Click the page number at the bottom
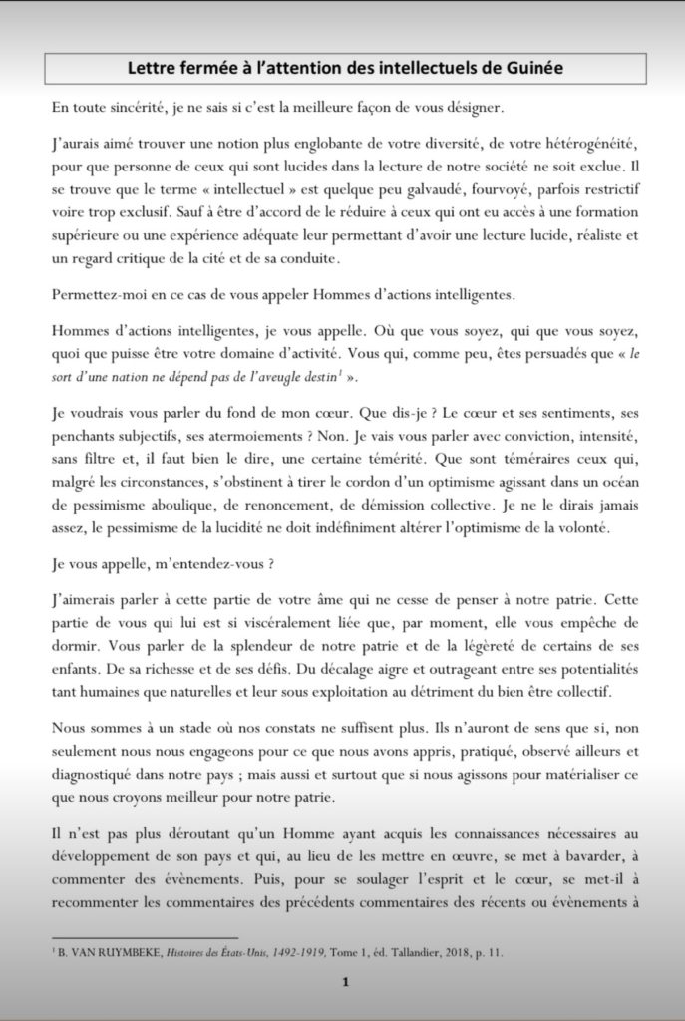[x=344, y=981]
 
